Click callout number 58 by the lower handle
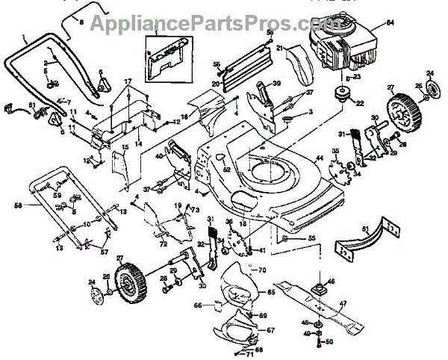point(17,203)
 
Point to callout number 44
point(319,158)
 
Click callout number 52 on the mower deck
point(226,170)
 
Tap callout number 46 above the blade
point(332,281)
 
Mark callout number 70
point(262,269)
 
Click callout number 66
point(198,305)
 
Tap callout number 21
point(281,49)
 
